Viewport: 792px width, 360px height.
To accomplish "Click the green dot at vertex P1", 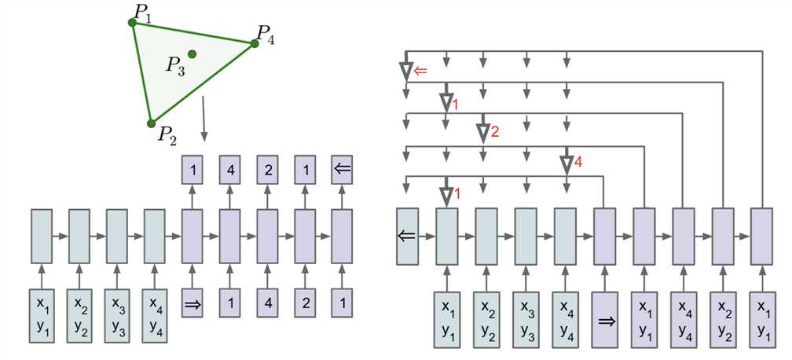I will coord(133,23).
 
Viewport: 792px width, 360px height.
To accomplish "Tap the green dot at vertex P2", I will coord(152,123).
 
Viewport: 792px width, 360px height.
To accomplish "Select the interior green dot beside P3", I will coord(192,54).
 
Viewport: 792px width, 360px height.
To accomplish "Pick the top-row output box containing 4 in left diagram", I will coord(230,169).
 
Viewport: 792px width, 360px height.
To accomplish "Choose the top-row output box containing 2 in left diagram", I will coord(268,169).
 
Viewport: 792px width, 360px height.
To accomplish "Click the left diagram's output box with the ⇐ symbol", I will coord(342,169).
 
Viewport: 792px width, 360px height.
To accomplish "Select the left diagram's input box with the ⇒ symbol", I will coord(192,303).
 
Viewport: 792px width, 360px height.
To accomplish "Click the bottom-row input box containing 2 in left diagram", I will coord(306,303).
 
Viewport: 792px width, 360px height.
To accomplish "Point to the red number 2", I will coord(494,133).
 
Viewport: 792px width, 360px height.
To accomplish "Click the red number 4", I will coord(578,163).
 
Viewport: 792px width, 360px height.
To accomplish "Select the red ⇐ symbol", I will coord(420,72).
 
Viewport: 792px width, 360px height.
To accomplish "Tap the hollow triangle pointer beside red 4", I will coord(565,164).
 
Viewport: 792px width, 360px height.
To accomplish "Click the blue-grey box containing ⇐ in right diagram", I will coord(408,236).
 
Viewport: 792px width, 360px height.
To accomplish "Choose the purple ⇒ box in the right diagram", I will coord(604,319).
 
